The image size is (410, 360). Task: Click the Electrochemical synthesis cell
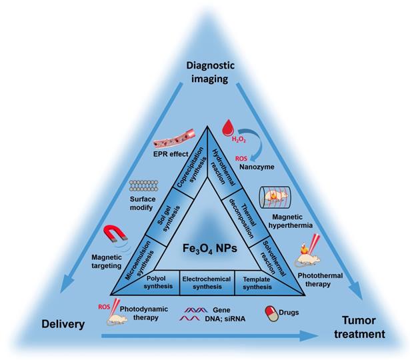pyautogui.click(x=206, y=282)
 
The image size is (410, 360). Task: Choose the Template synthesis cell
pyautogui.click(x=257, y=282)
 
